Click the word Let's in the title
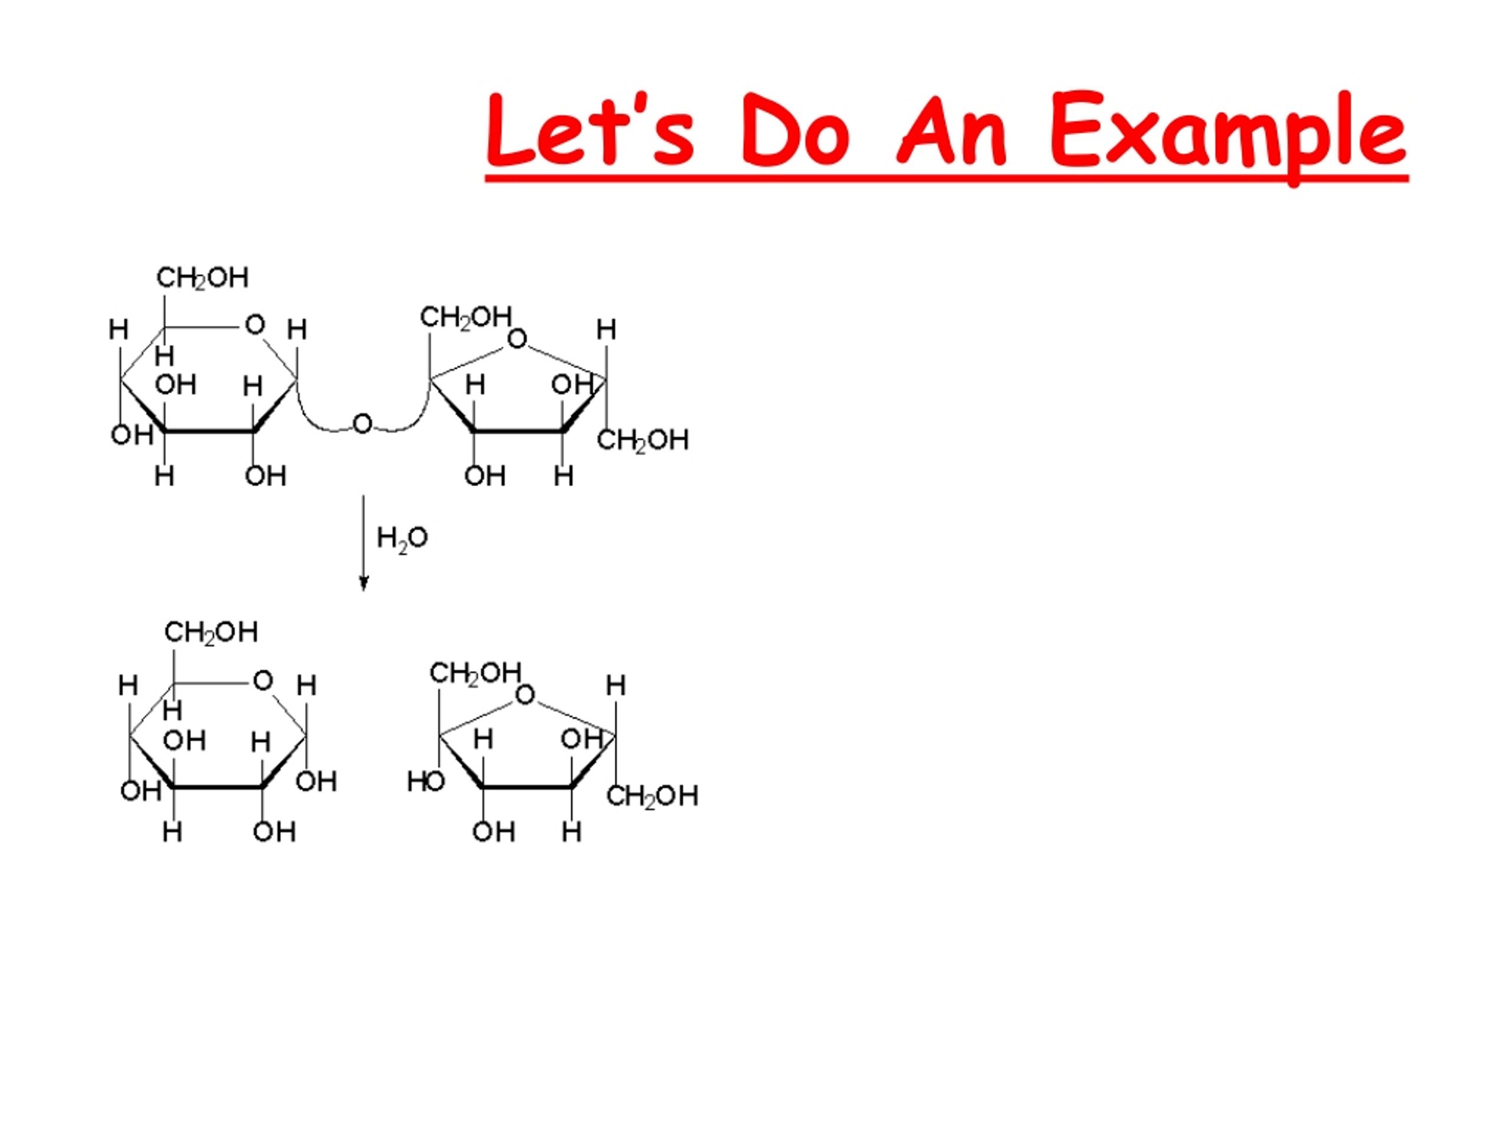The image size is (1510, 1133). click(x=590, y=129)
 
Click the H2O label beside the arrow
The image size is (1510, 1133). click(x=402, y=539)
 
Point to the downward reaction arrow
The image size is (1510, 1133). click(x=363, y=543)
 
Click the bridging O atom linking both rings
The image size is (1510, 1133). click(x=363, y=424)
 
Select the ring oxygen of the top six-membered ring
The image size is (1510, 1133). click(x=255, y=325)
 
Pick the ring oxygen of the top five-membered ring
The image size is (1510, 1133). click(x=517, y=338)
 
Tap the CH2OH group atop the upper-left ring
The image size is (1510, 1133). click(x=202, y=278)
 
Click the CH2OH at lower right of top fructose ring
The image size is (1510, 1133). click(x=642, y=440)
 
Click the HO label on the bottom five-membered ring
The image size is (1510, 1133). click(x=425, y=781)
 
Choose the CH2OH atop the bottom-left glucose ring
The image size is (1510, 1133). click(x=211, y=633)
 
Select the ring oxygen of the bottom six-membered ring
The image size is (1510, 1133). click(x=263, y=680)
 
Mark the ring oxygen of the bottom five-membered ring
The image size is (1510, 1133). click(x=525, y=695)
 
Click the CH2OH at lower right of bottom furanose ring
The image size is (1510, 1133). click(x=652, y=796)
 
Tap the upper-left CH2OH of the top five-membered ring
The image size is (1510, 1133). click(x=465, y=317)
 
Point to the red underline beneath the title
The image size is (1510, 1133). click(x=947, y=178)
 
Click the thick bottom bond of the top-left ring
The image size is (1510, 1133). click(x=209, y=430)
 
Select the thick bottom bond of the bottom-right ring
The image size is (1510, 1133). click(x=527, y=787)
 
